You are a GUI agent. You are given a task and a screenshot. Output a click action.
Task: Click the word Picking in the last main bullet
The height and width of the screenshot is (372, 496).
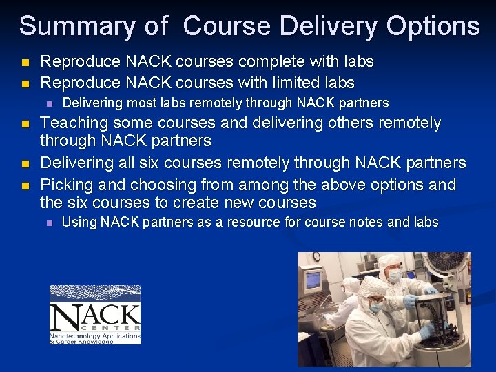click(x=66, y=185)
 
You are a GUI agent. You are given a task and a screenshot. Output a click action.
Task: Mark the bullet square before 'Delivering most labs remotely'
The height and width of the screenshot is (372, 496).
click(x=49, y=103)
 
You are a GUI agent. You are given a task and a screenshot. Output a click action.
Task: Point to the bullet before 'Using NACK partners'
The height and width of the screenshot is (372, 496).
click(x=49, y=223)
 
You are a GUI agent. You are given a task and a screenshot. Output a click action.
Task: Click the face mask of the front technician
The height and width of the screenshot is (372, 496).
click(x=375, y=307)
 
